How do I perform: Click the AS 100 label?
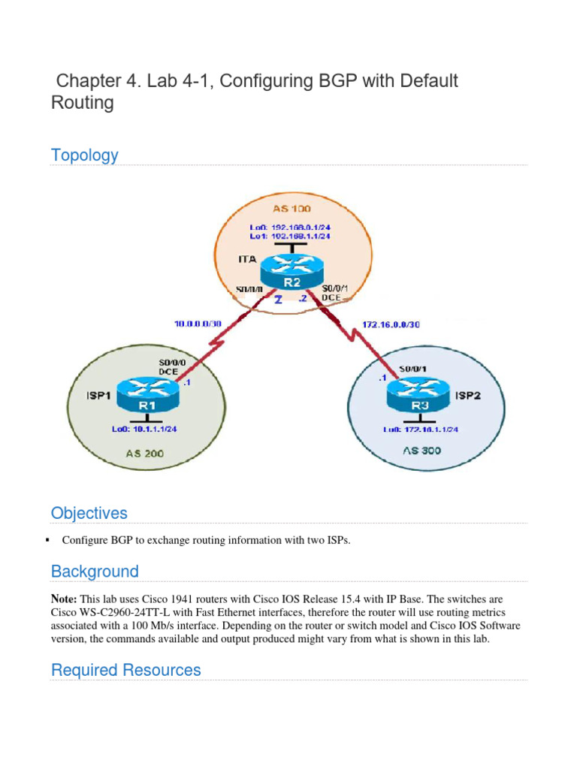click(290, 209)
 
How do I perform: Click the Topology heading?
click(84, 155)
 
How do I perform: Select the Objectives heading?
click(89, 514)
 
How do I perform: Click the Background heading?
click(95, 571)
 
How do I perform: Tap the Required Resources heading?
click(125, 671)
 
